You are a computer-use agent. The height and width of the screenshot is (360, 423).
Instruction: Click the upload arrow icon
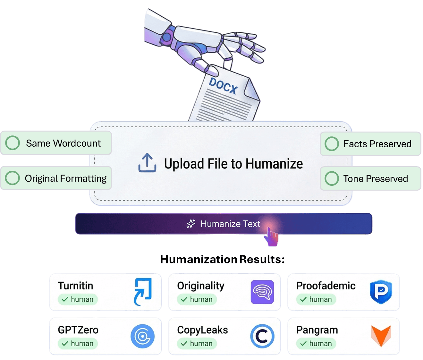[x=147, y=163]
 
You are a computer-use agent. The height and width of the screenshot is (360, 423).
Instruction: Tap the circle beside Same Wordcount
[x=13, y=143]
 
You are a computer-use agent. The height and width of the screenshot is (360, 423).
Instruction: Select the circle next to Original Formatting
[x=13, y=178]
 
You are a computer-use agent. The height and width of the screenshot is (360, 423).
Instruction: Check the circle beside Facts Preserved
[x=332, y=144]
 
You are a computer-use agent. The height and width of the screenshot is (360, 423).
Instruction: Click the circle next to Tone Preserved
[x=332, y=178]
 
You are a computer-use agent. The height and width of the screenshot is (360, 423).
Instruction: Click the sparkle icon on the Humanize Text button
[x=191, y=224]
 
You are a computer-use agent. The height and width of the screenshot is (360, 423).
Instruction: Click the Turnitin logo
[x=142, y=292]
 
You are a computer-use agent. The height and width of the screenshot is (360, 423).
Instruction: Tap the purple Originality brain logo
[x=262, y=292]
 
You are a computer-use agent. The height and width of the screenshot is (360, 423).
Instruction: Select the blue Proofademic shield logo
[x=381, y=292]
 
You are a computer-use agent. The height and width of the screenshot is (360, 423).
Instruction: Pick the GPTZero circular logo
[x=142, y=336]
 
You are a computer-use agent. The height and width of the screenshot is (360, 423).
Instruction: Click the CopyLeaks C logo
[x=262, y=336]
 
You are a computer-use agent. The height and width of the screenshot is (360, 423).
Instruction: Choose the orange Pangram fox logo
[x=381, y=336]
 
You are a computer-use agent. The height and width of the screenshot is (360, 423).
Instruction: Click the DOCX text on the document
[x=223, y=86]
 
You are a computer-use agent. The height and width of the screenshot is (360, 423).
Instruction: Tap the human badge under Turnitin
[x=78, y=299]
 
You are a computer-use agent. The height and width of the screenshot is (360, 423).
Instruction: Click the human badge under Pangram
[x=316, y=344]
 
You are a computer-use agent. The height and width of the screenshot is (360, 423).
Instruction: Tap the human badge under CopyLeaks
[x=197, y=344]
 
